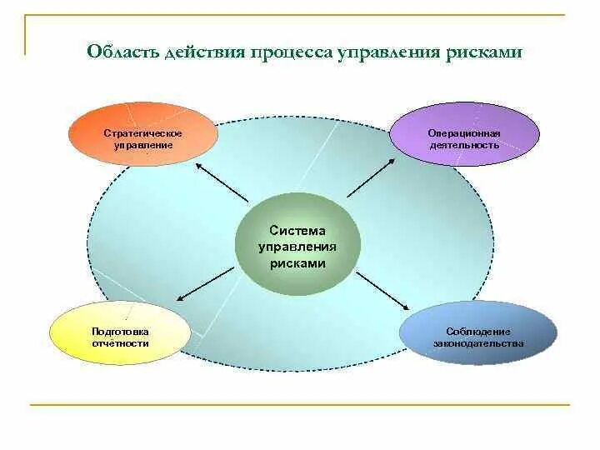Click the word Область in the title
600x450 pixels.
(x=120, y=52)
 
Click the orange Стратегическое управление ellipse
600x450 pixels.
(x=142, y=134)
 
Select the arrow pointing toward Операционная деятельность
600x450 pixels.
(x=370, y=177)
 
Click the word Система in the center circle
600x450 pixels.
(x=297, y=230)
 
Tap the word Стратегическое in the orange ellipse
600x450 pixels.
(x=142, y=133)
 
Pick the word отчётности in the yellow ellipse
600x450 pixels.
(x=121, y=342)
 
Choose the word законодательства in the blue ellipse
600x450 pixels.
(x=478, y=342)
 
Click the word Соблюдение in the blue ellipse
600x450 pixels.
(x=478, y=331)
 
